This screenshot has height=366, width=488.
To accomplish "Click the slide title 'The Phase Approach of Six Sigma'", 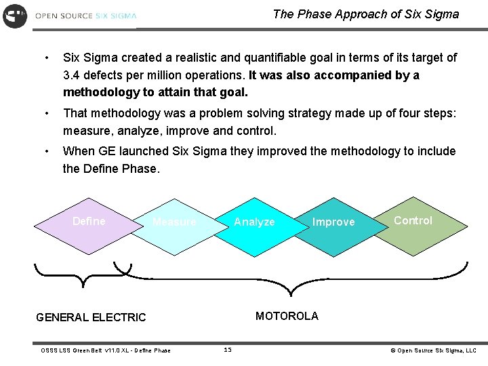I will (365, 14).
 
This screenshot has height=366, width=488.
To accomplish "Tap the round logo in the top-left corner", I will (14, 16).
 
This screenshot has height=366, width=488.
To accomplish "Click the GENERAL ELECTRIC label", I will (91, 317).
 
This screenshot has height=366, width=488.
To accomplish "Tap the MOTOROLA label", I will (287, 316).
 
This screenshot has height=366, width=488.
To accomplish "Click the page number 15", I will (227, 350).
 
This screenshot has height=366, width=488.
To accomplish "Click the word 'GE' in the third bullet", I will (106, 151).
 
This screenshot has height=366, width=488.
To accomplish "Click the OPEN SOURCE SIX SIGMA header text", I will (85, 16).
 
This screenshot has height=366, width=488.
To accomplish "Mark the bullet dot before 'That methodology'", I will (45, 113).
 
